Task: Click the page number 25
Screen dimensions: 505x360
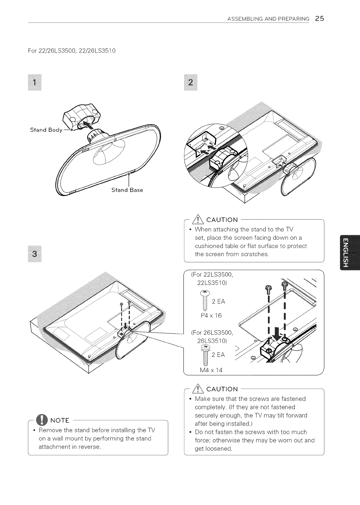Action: click(319, 19)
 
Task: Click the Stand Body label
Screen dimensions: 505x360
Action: click(46, 130)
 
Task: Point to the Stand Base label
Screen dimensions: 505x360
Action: click(127, 190)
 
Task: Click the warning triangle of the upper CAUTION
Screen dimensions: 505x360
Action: click(200, 220)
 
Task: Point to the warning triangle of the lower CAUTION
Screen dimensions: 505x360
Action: click(200, 389)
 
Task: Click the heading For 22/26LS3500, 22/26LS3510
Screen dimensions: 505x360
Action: click(72, 51)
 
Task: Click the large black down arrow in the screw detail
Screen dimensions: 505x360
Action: click(277, 333)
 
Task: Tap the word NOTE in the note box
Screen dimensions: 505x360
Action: click(61, 421)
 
